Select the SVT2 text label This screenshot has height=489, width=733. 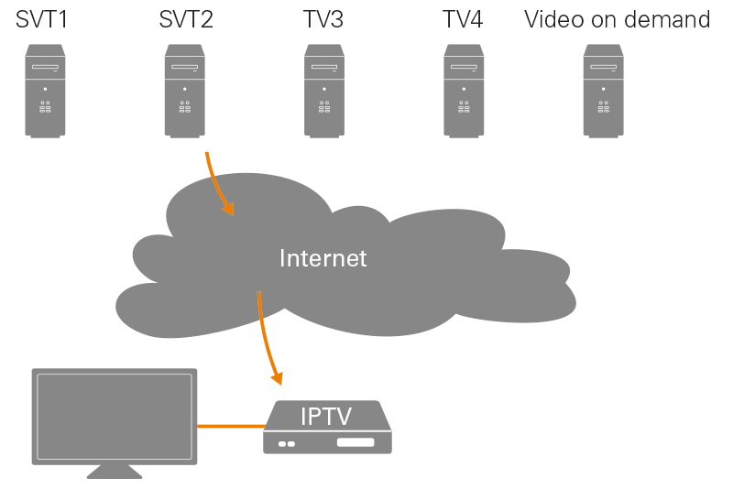pos(185,19)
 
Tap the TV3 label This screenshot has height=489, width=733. pos(323,19)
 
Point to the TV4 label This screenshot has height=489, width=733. pos(463,19)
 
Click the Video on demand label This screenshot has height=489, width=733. pos(617,19)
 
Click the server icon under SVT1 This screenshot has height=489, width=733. pos(45,91)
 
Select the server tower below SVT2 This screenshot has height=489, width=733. pos(184,91)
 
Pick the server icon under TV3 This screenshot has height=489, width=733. pos(324,91)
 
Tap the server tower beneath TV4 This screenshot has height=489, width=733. pos(464,91)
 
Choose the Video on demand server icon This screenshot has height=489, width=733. pos(604,91)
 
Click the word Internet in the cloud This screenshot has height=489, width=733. pos(323,258)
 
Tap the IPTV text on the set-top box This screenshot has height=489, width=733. pos(327,418)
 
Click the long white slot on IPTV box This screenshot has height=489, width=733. pos(356,443)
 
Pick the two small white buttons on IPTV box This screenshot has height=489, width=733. pos(286,444)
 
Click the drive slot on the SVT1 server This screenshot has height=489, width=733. pos(45,68)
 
